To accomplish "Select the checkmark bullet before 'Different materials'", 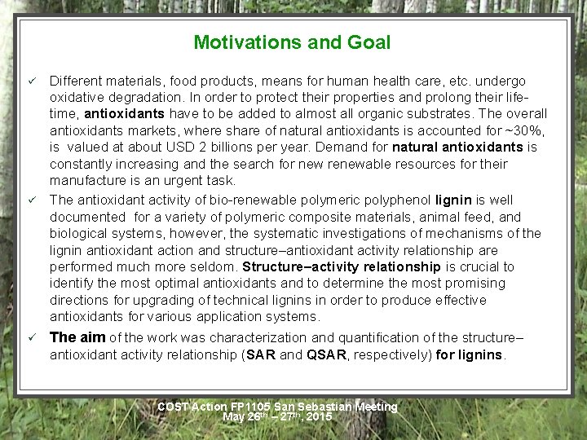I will click(x=32, y=81).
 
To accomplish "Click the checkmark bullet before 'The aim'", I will click(x=32, y=337).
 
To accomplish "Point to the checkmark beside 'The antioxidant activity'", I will click(x=32, y=200).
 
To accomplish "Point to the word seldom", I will click(x=214, y=266).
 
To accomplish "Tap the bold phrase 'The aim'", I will click(x=77, y=337).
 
